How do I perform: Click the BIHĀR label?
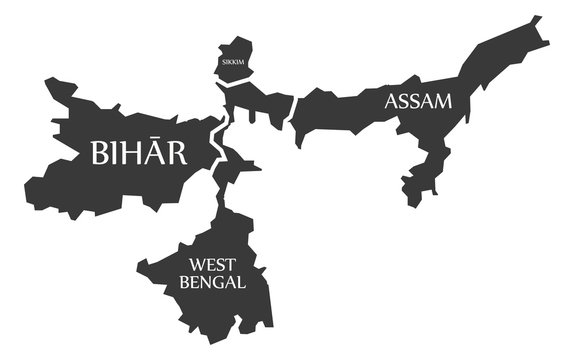click(138, 153)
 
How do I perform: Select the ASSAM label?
click(418, 100)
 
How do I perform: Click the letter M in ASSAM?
click(443, 100)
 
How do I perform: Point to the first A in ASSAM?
click(391, 100)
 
